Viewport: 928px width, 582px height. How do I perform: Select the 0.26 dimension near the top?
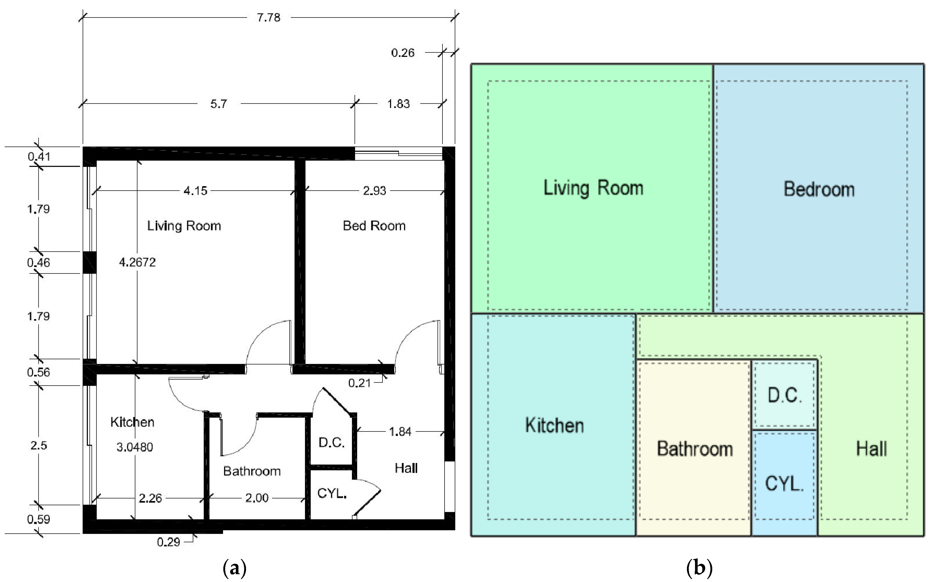[x=403, y=53]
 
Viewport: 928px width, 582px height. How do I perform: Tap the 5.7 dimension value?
[x=218, y=104]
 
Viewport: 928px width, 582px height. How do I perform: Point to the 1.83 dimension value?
[x=398, y=104]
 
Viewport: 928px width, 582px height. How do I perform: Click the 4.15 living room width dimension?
[x=195, y=191]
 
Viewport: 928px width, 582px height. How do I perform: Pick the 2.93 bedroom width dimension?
[x=374, y=191]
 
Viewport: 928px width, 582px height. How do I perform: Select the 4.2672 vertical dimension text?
[x=137, y=262]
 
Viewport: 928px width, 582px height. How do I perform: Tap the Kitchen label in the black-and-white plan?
[x=132, y=422]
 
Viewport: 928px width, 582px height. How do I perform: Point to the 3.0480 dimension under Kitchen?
[x=134, y=447]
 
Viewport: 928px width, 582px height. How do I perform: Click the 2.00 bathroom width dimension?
[x=256, y=498]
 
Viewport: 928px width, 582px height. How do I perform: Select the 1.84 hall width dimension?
[x=400, y=432]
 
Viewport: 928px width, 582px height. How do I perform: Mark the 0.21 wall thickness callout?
[x=359, y=383]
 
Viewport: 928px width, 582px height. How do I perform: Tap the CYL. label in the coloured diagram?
[x=784, y=483]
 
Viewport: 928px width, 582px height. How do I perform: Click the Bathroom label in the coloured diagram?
[x=694, y=449]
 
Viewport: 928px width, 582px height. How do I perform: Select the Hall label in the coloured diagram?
[x=871, y=449]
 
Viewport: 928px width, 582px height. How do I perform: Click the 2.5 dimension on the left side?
[x=39, y=445]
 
